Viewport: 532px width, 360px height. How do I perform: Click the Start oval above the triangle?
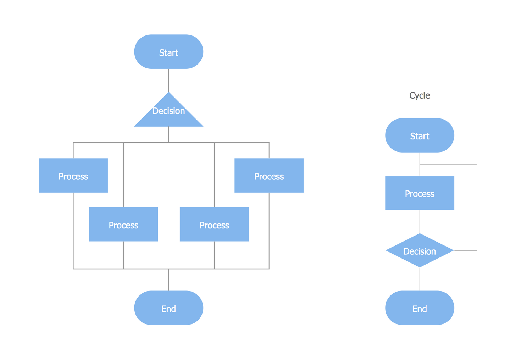[168, 52]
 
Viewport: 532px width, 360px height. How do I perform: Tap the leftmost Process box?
[73, 176]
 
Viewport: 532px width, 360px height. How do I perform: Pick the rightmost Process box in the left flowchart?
[269, 176]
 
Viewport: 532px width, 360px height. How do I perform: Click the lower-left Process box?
[123, 224]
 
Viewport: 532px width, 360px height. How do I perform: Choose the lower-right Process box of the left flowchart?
[214, 224]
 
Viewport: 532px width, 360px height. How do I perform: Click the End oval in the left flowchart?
[168, 308]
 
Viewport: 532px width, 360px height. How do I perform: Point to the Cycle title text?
[420, 95]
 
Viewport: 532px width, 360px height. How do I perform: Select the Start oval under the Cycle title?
[420, 135]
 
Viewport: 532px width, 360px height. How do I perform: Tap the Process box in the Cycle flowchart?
[420, 193]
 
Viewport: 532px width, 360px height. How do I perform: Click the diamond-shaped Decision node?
[420, 250]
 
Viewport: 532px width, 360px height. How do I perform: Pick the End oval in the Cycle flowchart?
[420, 308]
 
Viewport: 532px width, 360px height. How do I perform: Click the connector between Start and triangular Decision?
[169, 81]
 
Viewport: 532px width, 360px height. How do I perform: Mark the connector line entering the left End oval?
[169, 280]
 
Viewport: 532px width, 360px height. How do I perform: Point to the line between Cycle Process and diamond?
[420, 221]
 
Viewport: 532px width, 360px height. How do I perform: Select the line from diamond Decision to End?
[420, 279]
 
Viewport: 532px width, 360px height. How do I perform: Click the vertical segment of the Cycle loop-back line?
[477, 207]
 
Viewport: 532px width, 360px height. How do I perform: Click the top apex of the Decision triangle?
[169, 93]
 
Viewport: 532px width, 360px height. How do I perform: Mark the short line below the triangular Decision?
[169, 134]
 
